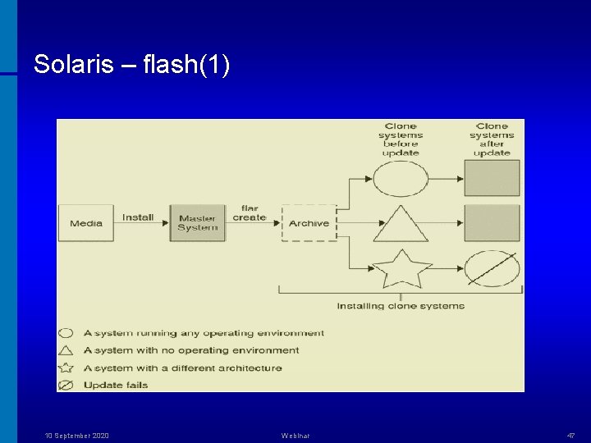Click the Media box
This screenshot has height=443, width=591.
tap(86, 223)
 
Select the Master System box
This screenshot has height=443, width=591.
tap(197, 223)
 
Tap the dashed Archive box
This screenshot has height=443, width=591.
tap(309, 223)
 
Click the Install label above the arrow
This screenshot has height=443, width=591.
tap(138, 217)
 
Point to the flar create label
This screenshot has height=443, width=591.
tap(250, 213)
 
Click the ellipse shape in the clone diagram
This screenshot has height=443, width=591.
tap(401, 178)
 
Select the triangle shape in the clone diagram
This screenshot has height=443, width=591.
tap(401, 225)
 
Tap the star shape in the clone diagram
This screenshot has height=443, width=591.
tap(401, 267)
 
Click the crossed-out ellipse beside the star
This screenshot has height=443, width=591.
tap(492, 268)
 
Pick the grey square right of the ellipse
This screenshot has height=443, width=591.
tap(492, 178)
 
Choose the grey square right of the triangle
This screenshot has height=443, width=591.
tap(492, 223)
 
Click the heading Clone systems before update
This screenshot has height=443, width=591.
tap(401, 139)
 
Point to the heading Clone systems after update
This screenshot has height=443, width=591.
tap(492, 139)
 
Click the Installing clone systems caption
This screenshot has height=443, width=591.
tap(401, 306)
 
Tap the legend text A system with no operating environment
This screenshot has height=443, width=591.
tap(191, 350)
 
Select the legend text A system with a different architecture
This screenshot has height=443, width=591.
tap(183, 368)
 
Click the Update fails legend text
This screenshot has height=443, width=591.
tap(116, 385)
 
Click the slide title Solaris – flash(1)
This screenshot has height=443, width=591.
tap(131, 65)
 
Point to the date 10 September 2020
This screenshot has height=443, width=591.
tap(76, 436)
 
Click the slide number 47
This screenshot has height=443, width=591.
tap(570, 436)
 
